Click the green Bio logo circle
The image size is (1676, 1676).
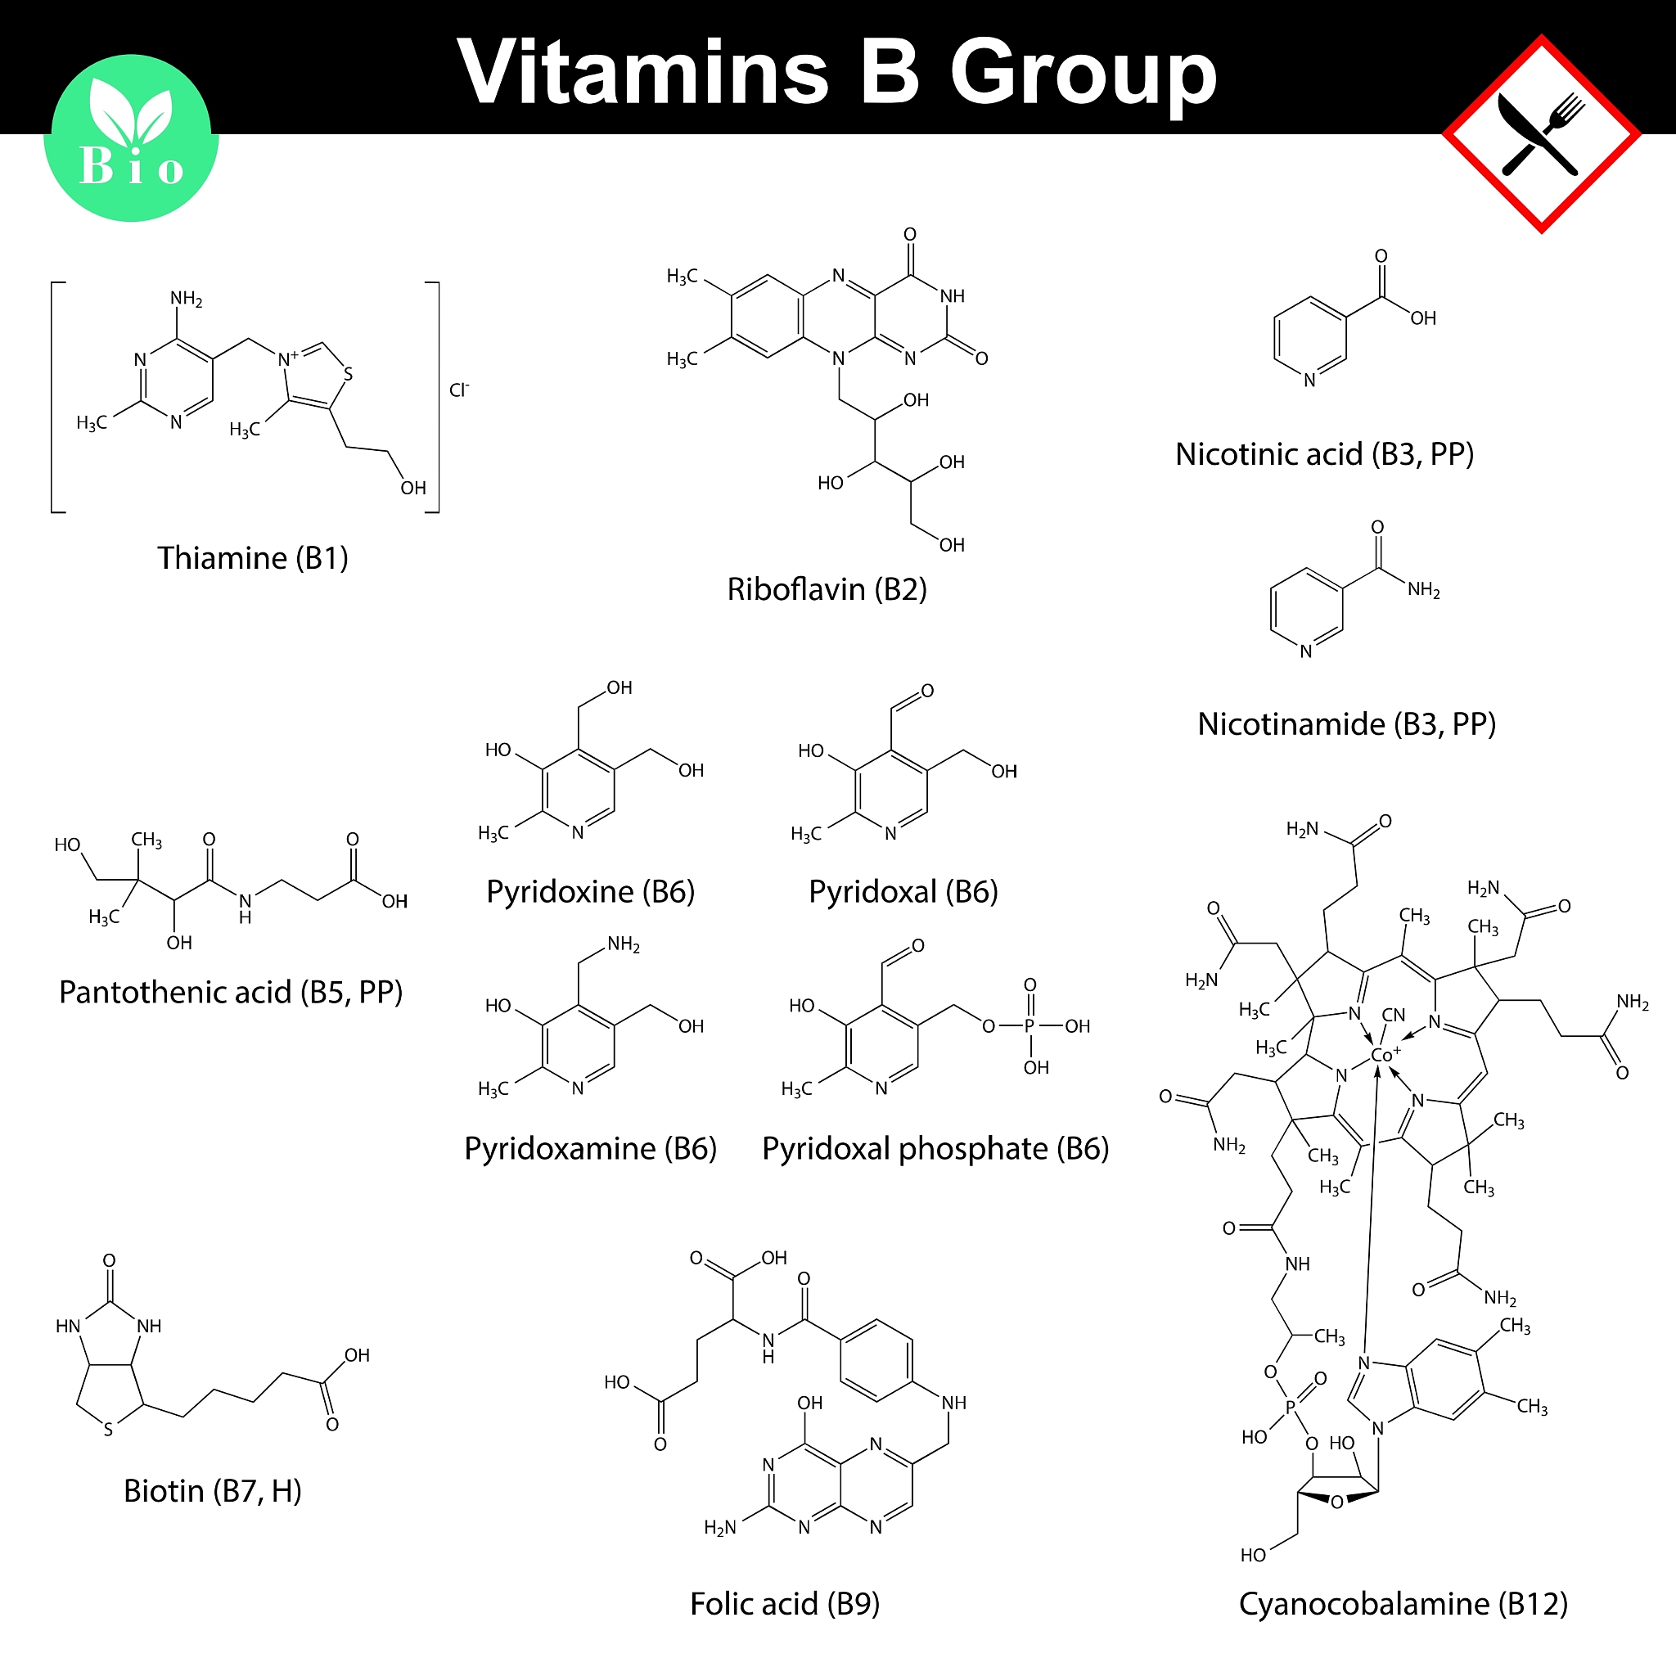[131, 138]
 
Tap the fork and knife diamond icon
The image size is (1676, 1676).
[1541, 134]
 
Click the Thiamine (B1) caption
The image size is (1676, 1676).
[252, 558]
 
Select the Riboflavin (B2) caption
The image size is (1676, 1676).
[827, 589]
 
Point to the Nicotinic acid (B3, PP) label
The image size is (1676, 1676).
[1324, 453]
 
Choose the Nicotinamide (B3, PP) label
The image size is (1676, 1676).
[1346, 723]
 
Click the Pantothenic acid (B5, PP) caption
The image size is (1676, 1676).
[231, 992]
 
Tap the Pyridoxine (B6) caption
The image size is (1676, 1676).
[590, 891]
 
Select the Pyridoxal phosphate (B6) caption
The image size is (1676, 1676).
[935, 1147]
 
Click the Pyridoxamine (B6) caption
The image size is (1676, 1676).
[590, 1147]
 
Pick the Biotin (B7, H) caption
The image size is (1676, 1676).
[213, 1490]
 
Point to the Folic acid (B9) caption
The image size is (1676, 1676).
[784, 1603]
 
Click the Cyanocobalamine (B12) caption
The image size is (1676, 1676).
[1403, 1603]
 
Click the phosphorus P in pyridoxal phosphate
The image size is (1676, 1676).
[1029, 1026]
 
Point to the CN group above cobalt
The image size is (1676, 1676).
[1393, 1015]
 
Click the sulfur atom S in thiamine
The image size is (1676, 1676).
[349, 375]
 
